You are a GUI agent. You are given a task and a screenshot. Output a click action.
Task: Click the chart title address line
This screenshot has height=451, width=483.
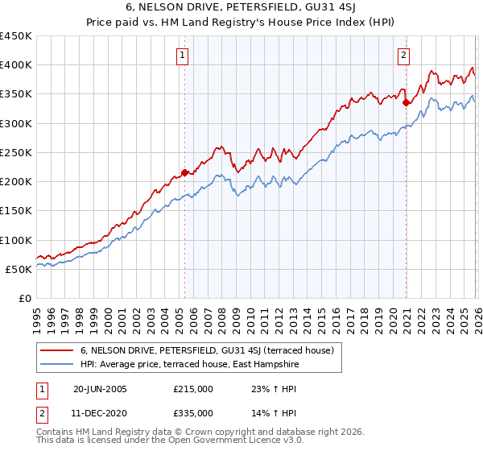click(242, 7)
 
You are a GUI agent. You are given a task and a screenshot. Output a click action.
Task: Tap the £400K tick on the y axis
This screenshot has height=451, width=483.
click(16, 65)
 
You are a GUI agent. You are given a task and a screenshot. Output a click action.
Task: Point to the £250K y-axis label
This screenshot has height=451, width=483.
click(16, 152)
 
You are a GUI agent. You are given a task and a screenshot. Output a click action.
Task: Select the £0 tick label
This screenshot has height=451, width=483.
click(24, 298)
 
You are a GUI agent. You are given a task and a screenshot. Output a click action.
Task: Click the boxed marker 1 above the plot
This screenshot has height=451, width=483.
click(184, 56)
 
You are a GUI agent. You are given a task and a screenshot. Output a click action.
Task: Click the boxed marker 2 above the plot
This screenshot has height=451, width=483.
click(402, 56)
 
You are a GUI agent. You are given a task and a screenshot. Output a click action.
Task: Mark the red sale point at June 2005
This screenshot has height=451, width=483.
click(184, 172)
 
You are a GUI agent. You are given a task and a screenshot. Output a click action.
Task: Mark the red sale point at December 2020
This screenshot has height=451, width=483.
click(406, 102)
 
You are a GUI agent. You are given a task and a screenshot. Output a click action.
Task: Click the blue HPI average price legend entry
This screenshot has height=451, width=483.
click(189, 364)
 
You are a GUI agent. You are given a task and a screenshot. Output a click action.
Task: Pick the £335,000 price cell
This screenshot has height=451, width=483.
click(193, 412)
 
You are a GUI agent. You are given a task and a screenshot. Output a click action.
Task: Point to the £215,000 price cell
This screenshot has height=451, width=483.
click(193, 388)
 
